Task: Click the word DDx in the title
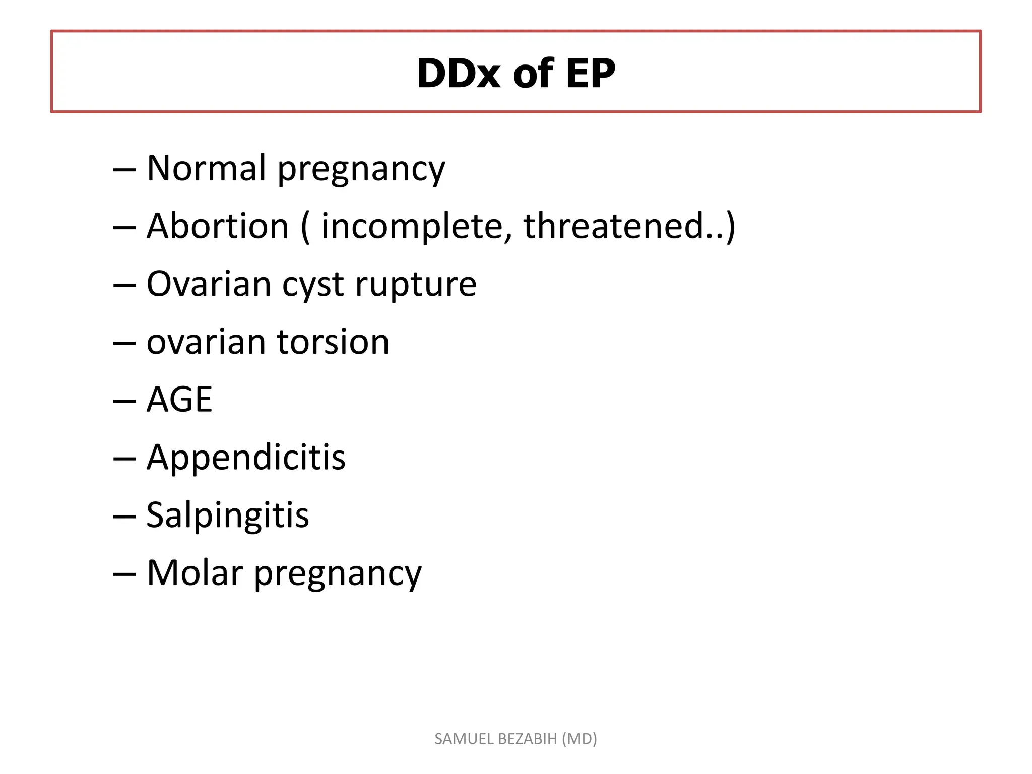(458, 74)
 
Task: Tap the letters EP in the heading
(590, 74)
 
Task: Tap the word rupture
(416, 285)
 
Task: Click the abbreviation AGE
(179, 400)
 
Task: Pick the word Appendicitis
(246, 458)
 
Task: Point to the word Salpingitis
(227, 516)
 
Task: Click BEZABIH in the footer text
(527, 739)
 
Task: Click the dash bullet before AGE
(124, 401)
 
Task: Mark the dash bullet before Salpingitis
(124, 517)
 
